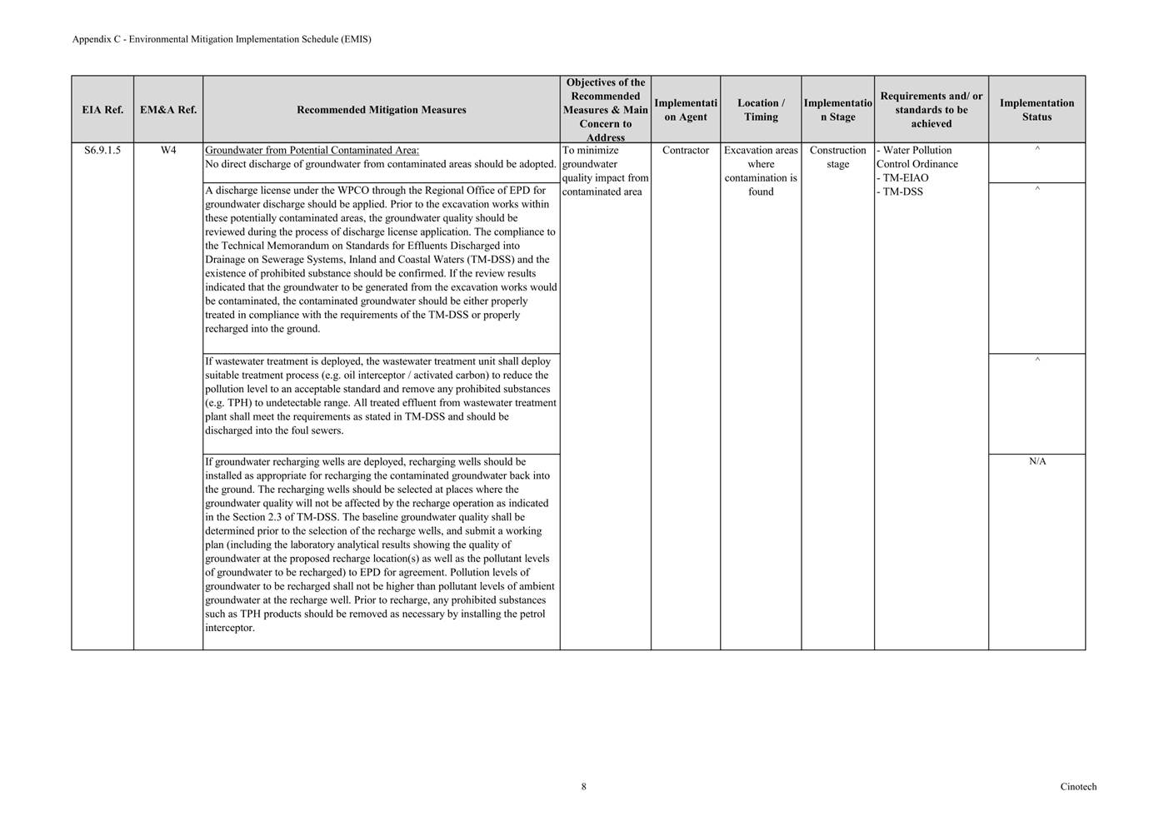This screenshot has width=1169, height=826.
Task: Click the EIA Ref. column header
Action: click(102, 110)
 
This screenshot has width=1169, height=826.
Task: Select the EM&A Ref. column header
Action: click(168, 110)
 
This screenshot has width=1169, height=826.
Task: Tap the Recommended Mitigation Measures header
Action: click(382, 110)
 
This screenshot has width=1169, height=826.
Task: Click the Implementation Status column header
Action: click(1037, 110)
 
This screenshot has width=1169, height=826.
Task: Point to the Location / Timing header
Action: click(761, 110)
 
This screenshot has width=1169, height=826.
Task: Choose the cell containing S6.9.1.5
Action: click(102, 151)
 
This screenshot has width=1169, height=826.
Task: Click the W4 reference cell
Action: click(168, 151)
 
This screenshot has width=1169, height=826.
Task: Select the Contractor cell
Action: click(686, 151)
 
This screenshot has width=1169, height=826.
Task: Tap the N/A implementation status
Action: click(1037, 461)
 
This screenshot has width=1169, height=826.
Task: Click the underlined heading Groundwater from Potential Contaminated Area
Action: click(312, 151)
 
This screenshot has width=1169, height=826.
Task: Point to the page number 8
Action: click(583, 787)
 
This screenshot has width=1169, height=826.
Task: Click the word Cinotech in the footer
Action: click(1078, 787)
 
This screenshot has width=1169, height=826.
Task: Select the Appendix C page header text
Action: click(222, 39)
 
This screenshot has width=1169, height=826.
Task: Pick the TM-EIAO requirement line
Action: click(903, 178)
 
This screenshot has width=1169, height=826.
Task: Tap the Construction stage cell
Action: click(837, 157)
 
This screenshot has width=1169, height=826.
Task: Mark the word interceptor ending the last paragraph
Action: click(229, 628)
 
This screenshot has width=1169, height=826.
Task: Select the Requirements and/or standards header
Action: click(931, 110)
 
